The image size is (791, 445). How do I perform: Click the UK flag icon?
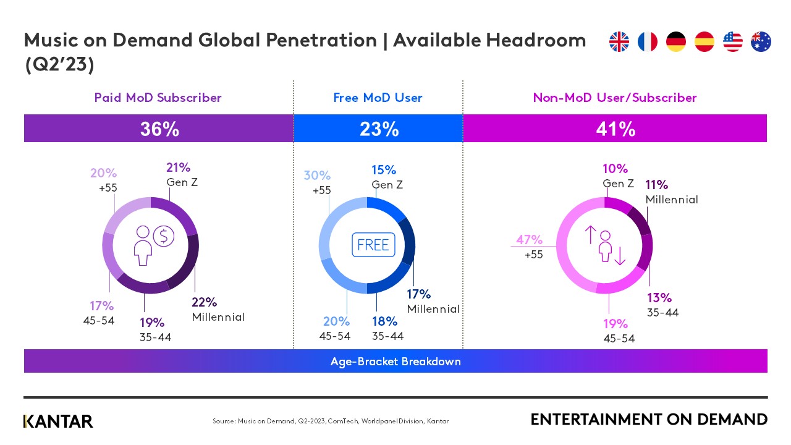click(x=619, y=41)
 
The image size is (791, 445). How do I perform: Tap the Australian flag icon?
click(x=761, y=41)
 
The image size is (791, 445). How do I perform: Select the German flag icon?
click(x=675, y=41)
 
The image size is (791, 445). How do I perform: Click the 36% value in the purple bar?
click(x=159, y=129)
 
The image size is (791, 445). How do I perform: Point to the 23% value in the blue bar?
click(x=379, y=129)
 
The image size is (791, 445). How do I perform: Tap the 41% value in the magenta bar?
click(x=615, y=129)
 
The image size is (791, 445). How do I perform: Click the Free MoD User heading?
click(x=378, y=98)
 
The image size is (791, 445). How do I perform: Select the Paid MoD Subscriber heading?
click(x=158, y=98)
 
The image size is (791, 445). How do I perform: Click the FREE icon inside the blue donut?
click(x=373, y=245)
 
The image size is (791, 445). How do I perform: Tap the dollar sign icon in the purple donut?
click(x=164, y=235)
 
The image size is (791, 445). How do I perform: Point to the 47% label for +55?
click(x=530, y=240)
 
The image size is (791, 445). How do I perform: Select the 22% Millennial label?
click(x=204, y=303)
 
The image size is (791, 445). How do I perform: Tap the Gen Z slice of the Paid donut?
click(x=176, y=211)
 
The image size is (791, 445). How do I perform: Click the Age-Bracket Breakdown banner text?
click(x=395, y=362)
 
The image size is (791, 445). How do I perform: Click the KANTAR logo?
click(x=58, y=421)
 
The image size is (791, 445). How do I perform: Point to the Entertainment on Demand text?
click(x=648, y=420)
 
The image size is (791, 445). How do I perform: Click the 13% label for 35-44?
click(x=659, y=298)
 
